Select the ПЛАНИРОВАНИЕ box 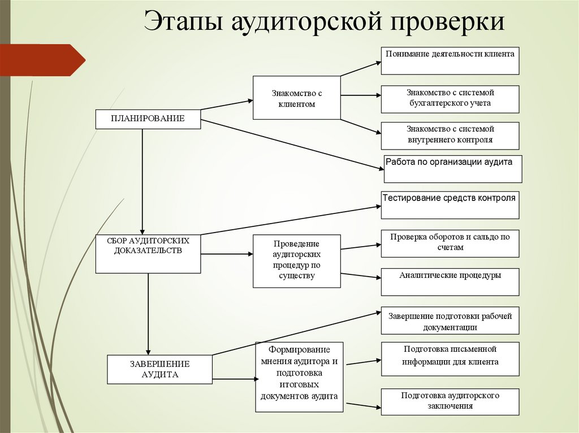click(x=148, y=119)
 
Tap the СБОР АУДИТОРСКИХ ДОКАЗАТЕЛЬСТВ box click(x=148, y=254)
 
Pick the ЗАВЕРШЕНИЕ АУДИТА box click(x=159, y=369)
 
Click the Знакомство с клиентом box click(x=296, y=98)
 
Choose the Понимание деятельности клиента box click(x=450, y=61)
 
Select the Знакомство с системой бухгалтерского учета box click(x=450, y=99)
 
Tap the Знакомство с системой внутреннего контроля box click(x=450, y=135)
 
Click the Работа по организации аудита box click(x=452, y=169)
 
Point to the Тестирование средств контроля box click(x=450, y=205)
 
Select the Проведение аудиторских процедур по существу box click(x=296, y=261)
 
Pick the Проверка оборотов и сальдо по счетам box click(x=450, y=243)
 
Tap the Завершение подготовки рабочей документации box click(x=450, y=321)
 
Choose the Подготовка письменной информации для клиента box click(x=450, y=358)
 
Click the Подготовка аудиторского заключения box click(x=450, y=401)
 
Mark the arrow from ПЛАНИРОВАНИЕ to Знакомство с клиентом click(x=226, y=105)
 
